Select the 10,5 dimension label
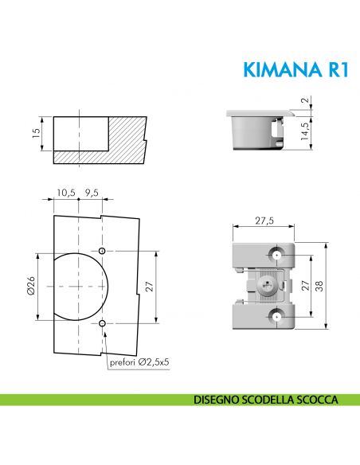coord(66,192)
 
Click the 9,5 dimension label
coord(92,192)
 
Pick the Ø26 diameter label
coord(31,286)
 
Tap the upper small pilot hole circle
coord(104,251)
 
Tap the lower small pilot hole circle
coord(104,323)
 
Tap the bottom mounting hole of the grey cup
coord(276,316)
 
